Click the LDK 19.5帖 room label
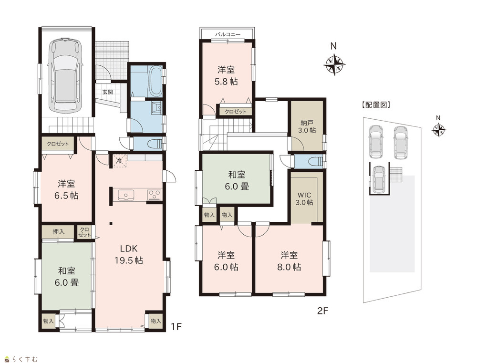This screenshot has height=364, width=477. coord(129,254)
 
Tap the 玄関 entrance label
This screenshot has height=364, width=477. coord(107,92)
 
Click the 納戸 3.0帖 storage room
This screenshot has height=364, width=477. coord(307,126)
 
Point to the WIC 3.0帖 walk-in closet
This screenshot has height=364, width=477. coord(304,198)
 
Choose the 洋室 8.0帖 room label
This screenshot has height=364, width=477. coord(290,261)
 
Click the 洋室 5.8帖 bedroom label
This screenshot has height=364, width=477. coord(226,76)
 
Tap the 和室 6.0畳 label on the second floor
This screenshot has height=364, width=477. coord(237,180)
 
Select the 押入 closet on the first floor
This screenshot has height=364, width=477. coord(58,232)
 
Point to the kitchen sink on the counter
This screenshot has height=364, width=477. coord(125,195)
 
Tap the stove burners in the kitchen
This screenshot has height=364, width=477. coord(155,195)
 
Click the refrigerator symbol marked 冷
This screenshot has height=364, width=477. coord(120,161)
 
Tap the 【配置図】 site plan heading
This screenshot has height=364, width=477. coord(376,105)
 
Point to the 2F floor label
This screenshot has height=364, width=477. coord(323,311)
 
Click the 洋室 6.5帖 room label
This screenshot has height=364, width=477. coord(66,189)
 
